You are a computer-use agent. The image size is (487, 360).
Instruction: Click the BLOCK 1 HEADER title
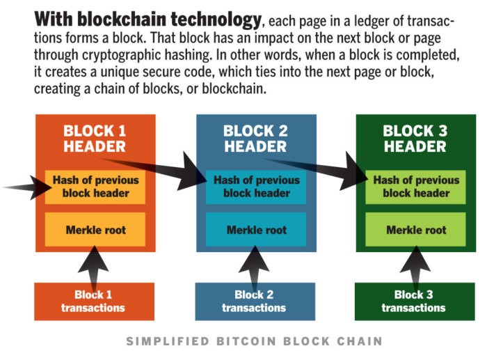(x=95, y=139)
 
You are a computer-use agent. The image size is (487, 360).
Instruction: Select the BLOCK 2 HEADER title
(x=255, y=139)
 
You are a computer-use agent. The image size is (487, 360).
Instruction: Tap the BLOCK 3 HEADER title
(x=415, y=139)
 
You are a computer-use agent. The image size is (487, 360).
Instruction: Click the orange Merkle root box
(x=95, y=229)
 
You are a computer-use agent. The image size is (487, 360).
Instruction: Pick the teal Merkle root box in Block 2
(x=256, y=229)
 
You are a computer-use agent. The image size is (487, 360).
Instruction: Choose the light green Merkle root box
(x=415, y=229)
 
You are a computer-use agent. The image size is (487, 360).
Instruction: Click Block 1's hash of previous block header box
(x=95, y=187)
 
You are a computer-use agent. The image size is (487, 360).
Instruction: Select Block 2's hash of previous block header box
(x=256, y=187)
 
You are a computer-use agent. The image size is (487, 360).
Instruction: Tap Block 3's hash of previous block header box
(x=415, y=187)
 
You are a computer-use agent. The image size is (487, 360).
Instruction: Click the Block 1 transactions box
(x=94, y=302)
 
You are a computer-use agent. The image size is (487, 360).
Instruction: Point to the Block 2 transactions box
(x=255, y=302)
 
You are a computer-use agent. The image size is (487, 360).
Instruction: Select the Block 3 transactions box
(x=415, y=302)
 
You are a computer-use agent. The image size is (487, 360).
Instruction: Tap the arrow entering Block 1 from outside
(x=28, y=187)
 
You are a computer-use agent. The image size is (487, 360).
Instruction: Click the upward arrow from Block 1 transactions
(x=94, y=267)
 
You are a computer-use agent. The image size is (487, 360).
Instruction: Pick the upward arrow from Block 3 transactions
(x=415, y=267)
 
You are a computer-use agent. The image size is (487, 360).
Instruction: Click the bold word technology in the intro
(x=216, y=19)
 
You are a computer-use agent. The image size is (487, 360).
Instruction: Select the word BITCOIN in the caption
(x=246, y=341)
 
